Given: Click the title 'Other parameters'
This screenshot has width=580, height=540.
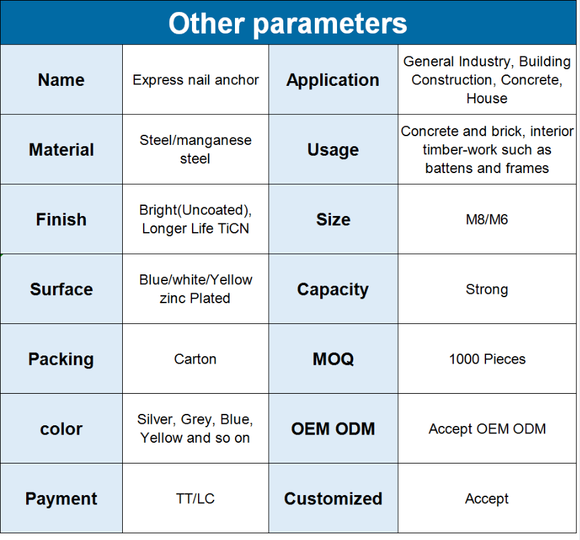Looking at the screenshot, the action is pos(288,23).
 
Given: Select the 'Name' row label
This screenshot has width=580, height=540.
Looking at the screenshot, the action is pos(61,80).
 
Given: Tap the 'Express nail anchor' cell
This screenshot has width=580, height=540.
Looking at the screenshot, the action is pos(195,80).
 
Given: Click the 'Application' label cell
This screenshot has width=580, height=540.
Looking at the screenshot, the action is pos(333,80).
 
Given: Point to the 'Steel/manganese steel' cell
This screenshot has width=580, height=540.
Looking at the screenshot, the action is pos(195,150).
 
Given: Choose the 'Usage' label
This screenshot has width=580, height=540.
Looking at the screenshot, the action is pos(333,150).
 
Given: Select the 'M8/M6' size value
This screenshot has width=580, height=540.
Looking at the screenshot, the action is pos(487,219).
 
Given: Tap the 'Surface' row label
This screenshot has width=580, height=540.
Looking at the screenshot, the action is pos(61,289).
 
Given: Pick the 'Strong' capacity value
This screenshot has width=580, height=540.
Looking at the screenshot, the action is pos(487,289).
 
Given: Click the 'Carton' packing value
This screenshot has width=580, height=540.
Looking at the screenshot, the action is pos(195,359).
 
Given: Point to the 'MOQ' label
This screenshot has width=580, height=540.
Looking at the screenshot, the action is pos(333,359).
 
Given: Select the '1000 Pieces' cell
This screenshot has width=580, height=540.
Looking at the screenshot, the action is pos(487,359).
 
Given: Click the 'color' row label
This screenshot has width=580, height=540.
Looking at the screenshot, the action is pos(61,429).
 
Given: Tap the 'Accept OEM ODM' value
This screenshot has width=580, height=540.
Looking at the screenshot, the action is pos(487,429).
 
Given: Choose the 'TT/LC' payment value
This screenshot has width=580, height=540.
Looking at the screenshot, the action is pos(195,498).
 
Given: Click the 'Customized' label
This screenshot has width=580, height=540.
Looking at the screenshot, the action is pos(333,498).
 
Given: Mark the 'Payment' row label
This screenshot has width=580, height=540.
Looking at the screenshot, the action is pos(61,499).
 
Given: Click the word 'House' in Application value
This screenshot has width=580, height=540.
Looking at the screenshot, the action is pos(487,99).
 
